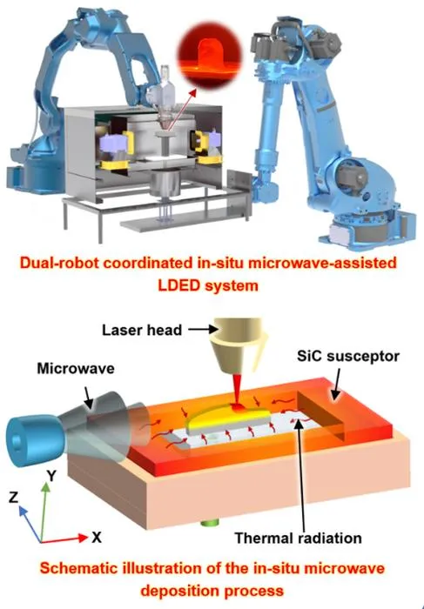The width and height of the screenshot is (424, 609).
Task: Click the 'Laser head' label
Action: point(142,330)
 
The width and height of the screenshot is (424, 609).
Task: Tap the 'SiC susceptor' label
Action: point(348,356)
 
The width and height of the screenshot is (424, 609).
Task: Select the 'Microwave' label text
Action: point(76,368)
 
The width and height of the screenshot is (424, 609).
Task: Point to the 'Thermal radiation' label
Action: point(298,539)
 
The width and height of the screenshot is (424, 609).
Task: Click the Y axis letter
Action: point(50,475)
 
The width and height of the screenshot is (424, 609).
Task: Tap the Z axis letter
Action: point(14,497)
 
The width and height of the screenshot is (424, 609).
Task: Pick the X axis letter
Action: point(97,538)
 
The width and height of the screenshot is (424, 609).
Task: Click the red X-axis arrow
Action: point(64,539)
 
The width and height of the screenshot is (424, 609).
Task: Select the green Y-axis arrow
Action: point(44,512)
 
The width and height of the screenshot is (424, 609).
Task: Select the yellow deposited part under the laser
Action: point(228,418)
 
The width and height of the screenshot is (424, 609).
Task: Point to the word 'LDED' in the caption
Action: point(178,286)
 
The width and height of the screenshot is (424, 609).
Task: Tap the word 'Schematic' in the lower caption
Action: point(78,568)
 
